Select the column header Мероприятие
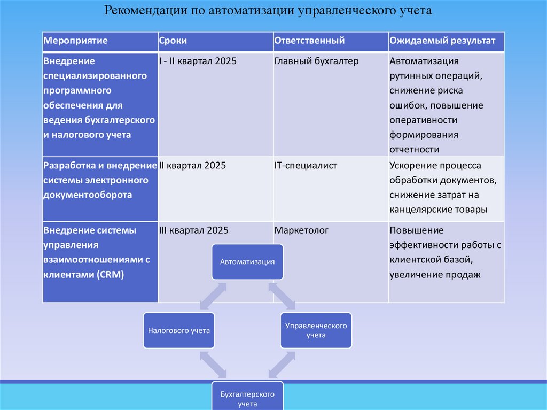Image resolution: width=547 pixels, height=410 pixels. [x=75, y=41]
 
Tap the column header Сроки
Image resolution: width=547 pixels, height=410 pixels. [x=173, y=41]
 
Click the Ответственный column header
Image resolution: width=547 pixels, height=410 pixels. [x=309, y=41]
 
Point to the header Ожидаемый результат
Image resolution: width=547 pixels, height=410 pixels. [x=442, y=41]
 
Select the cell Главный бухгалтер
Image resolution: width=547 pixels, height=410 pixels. [x=316, y=61]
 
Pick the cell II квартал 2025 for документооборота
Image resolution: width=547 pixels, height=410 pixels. [x=192, y=166]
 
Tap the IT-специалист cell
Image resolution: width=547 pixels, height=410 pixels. [x=306, y=166]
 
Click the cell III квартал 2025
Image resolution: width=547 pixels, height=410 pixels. [x=193, y=230]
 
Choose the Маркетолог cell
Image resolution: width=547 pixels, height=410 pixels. [x=301, y=230]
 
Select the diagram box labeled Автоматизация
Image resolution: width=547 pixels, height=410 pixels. [x=247, y=262]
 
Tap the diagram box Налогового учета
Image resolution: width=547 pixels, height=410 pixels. [x=179, y=330]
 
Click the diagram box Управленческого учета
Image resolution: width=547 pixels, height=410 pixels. [x=316, y=330]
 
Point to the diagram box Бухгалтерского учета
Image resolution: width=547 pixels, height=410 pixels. [x=247, y=398]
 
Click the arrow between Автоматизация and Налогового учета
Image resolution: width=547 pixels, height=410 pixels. [x=213, y=296]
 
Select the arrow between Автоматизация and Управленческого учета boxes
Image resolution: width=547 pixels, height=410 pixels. [x=282, y=296]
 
